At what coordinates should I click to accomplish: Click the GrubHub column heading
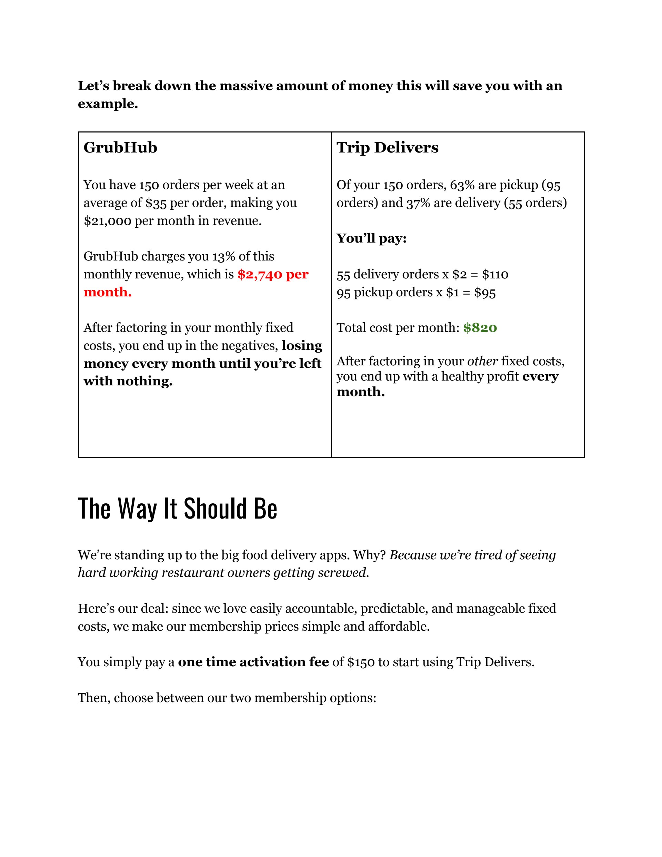pyautogui.click(x=120, y=148)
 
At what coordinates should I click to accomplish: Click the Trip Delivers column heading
pyautogui.click(x=387, y=148)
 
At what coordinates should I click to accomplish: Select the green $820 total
pyautogui.click(x=480, y=328)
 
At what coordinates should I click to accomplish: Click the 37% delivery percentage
pyautogui.click(x=418, y=203)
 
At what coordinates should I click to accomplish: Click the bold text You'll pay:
pyautogui.click(x=371, y=238)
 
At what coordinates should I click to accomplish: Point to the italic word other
pyautogui.click(x=482, y=361)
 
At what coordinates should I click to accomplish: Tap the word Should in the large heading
pyautogui.click(x=215, y=509)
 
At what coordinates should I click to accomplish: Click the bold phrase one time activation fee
pyautogui.click(x=253, y=662)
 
